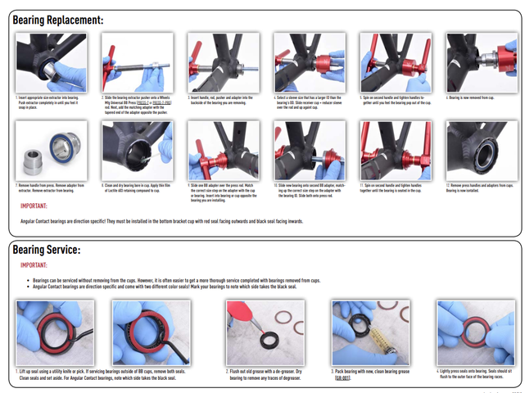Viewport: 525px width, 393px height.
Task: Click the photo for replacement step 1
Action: (x=49, y=63)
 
